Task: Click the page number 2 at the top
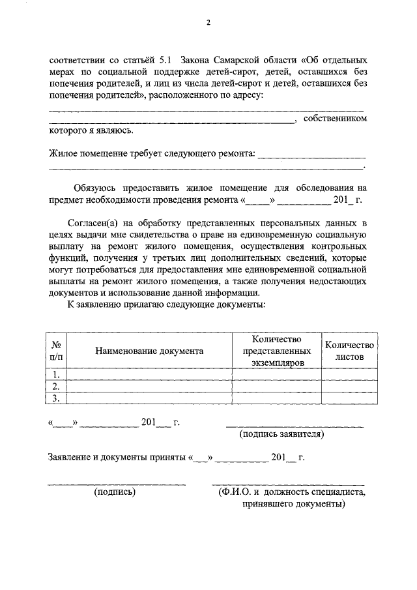208,23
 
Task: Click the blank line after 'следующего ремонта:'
312,155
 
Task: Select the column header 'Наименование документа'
149,351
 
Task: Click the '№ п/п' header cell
57,351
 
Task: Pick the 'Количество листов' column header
349,351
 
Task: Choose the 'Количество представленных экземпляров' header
276,351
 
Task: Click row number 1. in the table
57,374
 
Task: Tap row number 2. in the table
57,386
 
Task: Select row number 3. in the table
57,398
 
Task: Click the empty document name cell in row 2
149,386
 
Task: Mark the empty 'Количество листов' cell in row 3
349,398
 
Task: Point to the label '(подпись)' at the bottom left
115,492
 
